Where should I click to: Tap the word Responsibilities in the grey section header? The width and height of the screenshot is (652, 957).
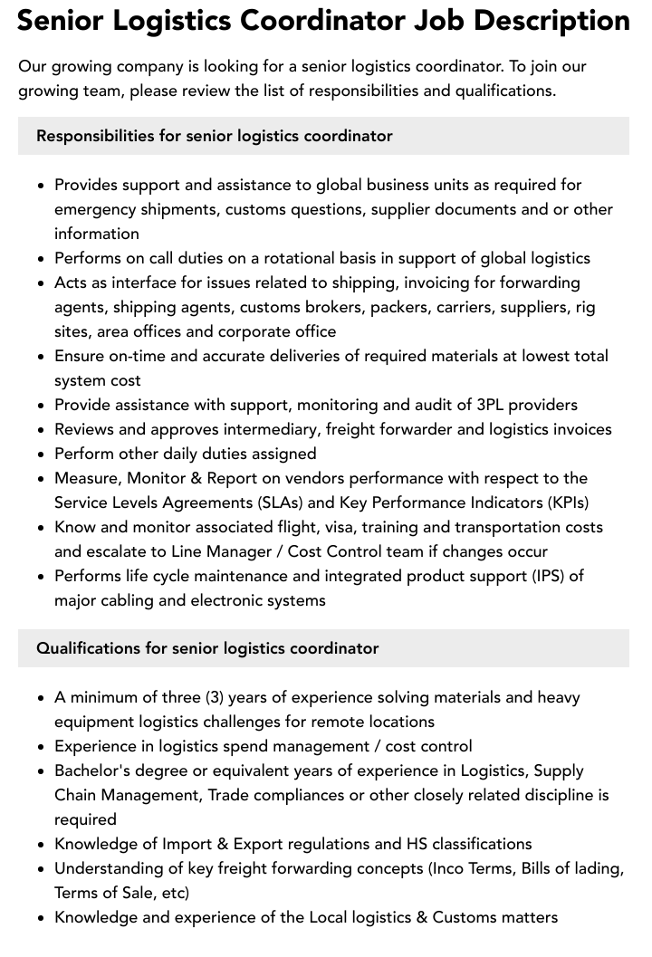click(95, 136)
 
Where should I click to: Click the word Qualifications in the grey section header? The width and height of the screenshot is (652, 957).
click(88, 648)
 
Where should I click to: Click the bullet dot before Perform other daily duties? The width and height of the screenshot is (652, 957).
click(41, 455)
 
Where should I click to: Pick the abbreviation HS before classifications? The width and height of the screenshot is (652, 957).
click(412, 844)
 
